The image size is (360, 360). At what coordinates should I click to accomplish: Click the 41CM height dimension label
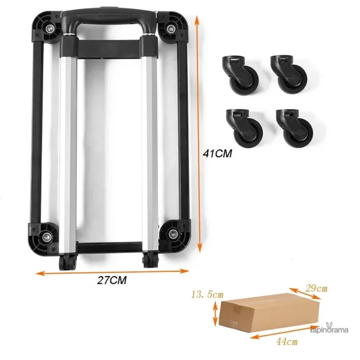pos(217,154)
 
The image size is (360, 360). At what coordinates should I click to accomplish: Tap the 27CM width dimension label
pos(112,280)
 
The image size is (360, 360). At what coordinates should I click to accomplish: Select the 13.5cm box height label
pos(207,295)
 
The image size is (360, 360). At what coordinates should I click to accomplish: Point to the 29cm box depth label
pos(316,288)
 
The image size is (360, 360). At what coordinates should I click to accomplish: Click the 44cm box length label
pos(287,342)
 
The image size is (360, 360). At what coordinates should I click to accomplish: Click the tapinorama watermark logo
pos(329,329)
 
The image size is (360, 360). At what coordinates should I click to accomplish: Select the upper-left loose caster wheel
pos(240,75)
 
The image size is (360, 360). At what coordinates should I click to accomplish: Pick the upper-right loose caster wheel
pos(289,74)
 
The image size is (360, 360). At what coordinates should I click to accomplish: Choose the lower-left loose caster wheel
pos(244,128)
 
